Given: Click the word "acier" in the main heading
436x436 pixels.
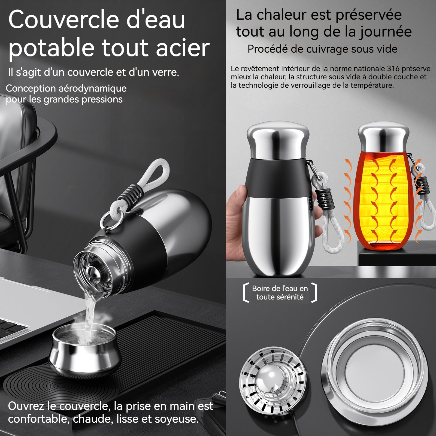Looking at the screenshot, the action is point(183,48).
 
